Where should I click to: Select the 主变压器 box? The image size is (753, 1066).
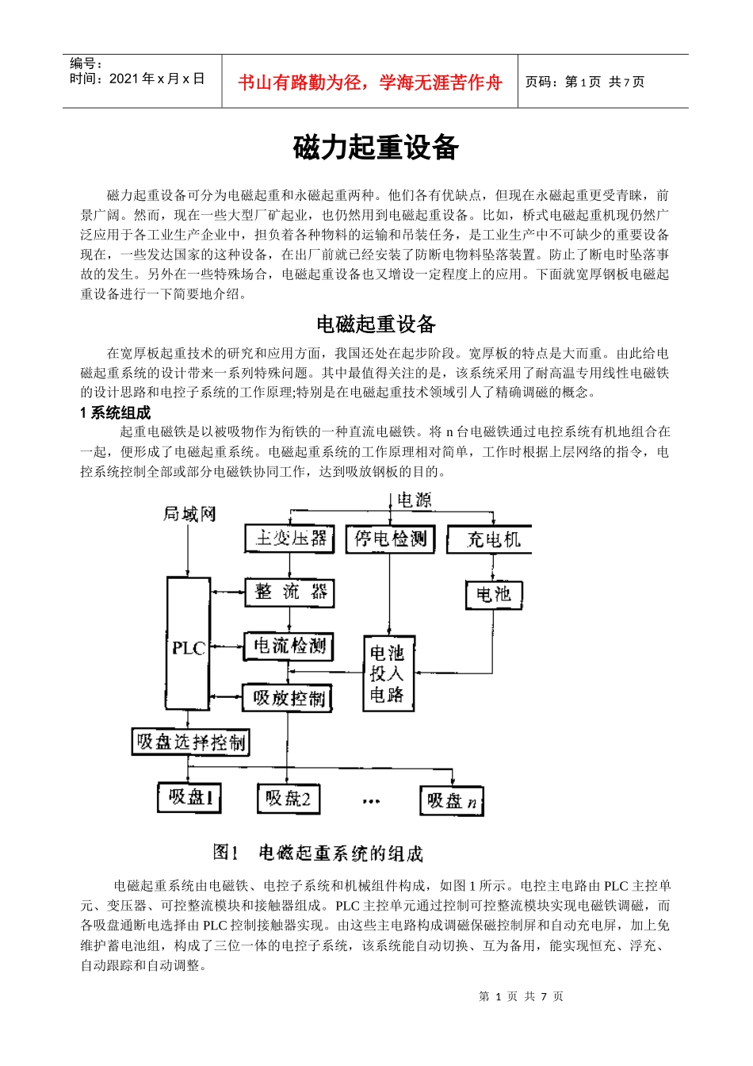(x=289, y=539)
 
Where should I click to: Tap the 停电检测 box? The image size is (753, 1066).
(x=390, y=539)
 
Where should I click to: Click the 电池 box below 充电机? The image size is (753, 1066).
(x=493, y=594)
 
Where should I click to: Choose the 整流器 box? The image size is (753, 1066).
(x=289, y=592)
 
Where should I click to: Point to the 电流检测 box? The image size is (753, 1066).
(x=289, y=646)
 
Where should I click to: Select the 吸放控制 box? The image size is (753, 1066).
(x=287, y=698)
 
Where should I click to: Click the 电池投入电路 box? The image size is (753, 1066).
(x=388, y=673)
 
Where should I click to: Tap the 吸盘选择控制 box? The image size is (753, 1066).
(x=190, y=742)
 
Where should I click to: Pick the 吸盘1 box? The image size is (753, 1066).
(x=189, y=797)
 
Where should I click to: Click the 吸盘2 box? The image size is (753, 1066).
(x=288, y=798)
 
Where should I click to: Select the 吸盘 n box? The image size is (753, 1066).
(x=451, y=800)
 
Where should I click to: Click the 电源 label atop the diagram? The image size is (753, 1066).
(x=414, y=500)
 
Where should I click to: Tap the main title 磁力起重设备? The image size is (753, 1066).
(x=376, y=148)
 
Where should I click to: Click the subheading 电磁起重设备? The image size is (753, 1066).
(x=376, y=324)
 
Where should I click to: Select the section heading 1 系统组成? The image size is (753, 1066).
(x=115, y=412)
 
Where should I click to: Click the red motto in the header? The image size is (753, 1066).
(x=370, y=82)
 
